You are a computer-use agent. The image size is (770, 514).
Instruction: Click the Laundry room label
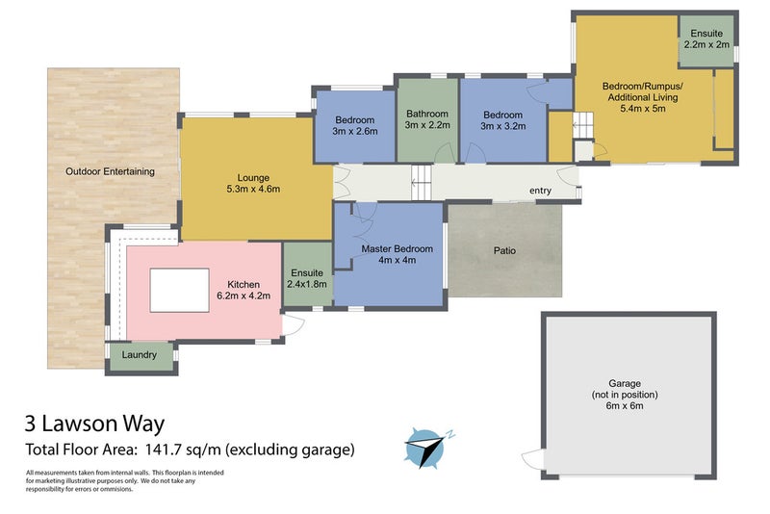click(140, 355)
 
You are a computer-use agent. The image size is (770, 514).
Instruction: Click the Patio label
click(504, 250)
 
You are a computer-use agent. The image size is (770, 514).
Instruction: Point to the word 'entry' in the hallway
click(540, 191)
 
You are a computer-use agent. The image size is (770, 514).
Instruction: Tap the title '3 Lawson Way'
click(95, 423)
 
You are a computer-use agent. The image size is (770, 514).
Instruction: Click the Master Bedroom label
click(397, 248)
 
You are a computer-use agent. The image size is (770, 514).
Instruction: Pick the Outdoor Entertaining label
click(110, 171)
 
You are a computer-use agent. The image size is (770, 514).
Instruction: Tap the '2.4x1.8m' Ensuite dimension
click(308, 284)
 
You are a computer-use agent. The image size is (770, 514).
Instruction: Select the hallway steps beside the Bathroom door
click(422, 181)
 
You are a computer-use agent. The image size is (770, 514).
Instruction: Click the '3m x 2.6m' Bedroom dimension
click(355, 131)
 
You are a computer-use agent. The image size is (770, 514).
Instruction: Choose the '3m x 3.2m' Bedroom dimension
click(502, 125)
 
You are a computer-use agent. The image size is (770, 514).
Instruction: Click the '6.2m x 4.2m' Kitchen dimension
click(245, 296)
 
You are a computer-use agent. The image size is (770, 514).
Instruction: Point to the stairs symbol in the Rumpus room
click(582, 124)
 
